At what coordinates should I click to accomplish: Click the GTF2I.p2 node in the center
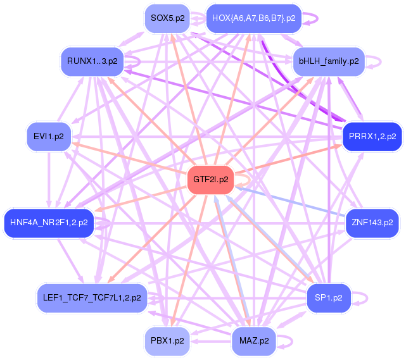(x=211, y=180)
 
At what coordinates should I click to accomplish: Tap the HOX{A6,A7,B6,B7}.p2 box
(x=253, y=18)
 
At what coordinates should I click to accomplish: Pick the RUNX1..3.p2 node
(x=92, y=61)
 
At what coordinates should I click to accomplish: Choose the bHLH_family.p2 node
(x=329, y=61)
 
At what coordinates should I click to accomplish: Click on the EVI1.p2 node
(x=49, y=136)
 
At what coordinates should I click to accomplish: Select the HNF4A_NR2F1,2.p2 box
(x=49, y=223)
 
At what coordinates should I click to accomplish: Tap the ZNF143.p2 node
(x=372, y=223)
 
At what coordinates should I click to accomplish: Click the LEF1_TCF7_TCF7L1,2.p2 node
(x=92, y=297)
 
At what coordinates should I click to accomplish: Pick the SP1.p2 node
(x=329, y=297)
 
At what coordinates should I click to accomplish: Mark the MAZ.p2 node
(x=254, y=340)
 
